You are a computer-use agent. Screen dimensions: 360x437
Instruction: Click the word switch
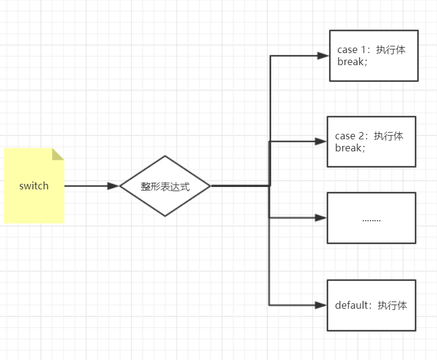pos(34,186)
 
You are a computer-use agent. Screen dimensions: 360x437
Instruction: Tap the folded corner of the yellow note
pos(58,154)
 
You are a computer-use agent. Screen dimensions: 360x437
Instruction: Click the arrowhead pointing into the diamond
pos(113,186)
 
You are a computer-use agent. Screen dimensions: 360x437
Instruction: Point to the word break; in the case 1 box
pos(352,62)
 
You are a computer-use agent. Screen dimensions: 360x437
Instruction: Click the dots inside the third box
pos(371,219)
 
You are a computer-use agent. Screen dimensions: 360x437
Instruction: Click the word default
pos(351,305)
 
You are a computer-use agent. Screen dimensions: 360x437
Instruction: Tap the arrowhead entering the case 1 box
pos(324,55)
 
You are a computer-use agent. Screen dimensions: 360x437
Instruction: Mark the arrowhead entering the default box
pos(321,305)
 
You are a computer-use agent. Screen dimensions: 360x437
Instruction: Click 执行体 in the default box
pos(392,305)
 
